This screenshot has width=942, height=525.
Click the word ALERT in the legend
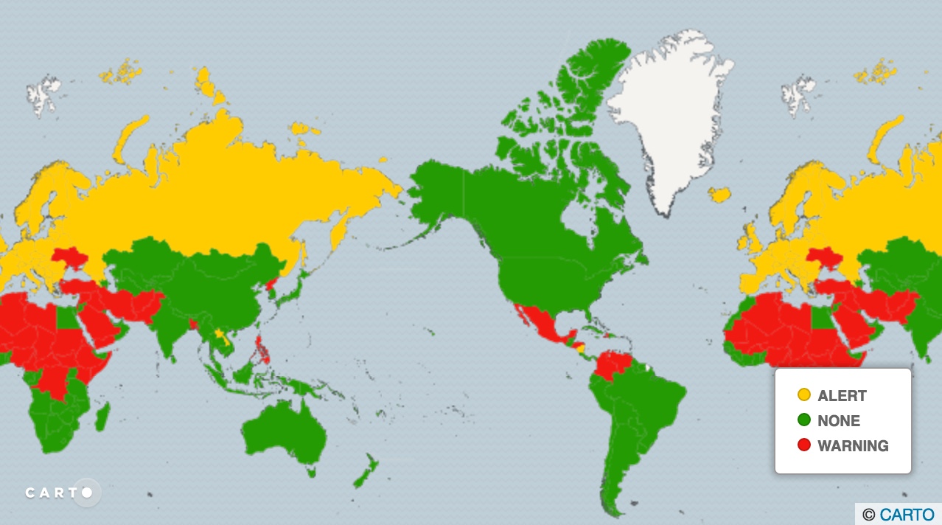pos(842,396)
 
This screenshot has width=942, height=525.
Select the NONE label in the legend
pos(839,421)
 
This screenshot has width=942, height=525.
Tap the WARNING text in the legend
pos(853,446)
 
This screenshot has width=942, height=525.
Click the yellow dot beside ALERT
pos(804,395)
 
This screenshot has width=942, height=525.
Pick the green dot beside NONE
pos(804,420)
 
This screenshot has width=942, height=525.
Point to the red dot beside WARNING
pos(804,445)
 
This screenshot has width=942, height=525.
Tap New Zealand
pos(366,473)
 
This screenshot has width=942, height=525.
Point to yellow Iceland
pos(719,195)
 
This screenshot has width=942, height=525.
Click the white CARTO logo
pos(59,492)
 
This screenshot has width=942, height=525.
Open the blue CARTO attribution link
pos(907,515)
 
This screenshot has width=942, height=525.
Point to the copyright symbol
pos(869,515)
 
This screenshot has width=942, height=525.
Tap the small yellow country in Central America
pos(580,347)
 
